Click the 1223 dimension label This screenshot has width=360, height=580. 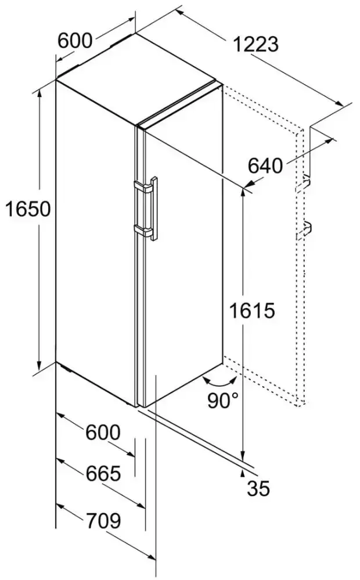click(255, 44)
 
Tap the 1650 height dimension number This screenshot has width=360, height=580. click(28, 209)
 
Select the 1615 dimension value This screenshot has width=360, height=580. click(252, 310)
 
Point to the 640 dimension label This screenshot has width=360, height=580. click(265, 165)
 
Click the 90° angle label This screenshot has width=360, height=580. click(223, 400)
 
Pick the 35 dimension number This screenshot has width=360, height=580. click(258, 488)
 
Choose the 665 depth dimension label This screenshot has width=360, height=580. click(103, 473)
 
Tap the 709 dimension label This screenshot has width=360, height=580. click(103, 521)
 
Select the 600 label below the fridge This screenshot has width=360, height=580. click(103, 432)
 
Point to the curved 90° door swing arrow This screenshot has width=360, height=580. click(220, 382)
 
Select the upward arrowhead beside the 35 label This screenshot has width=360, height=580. click(243, 472)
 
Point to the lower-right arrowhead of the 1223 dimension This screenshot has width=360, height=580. click(339, 103)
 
